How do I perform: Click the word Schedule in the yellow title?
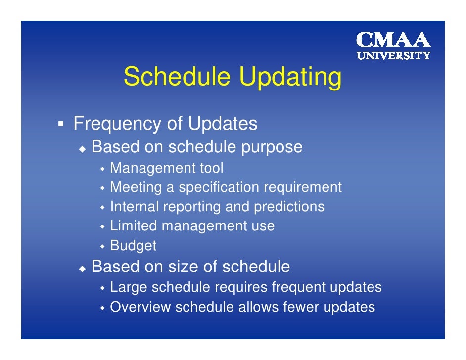[177, 77]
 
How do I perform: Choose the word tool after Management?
[211, 169]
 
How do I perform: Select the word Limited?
[134, 226]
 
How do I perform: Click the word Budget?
[133, 245]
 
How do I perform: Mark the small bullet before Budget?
[103, 246]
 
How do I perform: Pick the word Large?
[129, 288]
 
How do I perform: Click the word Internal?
[131, 207]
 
